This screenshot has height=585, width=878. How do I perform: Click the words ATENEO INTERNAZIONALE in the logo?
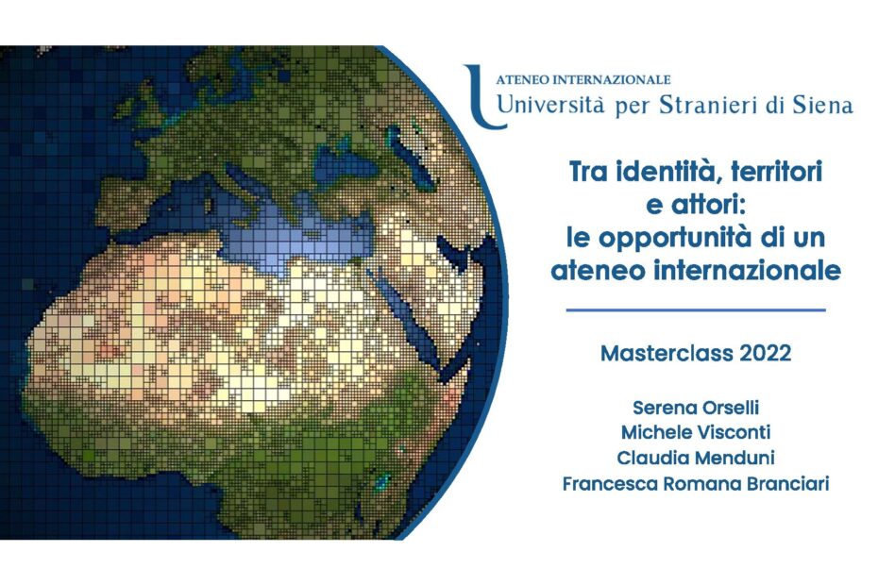[583, 80]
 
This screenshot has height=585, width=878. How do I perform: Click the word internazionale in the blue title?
[747, 271]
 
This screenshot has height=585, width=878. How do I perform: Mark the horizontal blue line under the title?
[696, 309]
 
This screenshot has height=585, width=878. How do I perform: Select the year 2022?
[766, 353]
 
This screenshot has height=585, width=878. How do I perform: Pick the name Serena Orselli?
[696, 408]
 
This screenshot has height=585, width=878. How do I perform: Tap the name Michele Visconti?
[696, 432]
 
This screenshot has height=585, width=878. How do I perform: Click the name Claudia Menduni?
[696, 458]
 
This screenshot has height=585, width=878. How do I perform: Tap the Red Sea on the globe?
[409, 313]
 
